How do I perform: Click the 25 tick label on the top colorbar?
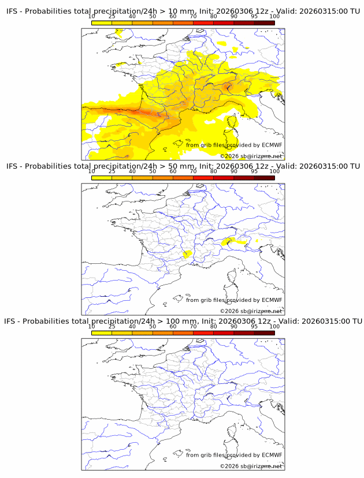pos(112,17)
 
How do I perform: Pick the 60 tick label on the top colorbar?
pos(173,17)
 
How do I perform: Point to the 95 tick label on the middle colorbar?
pos(254,171)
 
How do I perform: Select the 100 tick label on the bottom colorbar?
pos(274,326)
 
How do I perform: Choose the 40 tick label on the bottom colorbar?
pos(132,326)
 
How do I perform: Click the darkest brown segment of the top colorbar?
pos(264,23)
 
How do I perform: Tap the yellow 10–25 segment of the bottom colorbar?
pos(101,332)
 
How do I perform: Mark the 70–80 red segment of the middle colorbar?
pos(203,177)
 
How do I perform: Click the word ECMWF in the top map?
pos(272,145)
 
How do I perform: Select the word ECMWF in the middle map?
pos(272,300)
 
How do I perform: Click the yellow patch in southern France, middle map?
pos(187,255)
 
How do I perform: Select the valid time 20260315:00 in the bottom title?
pos(325,321)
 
